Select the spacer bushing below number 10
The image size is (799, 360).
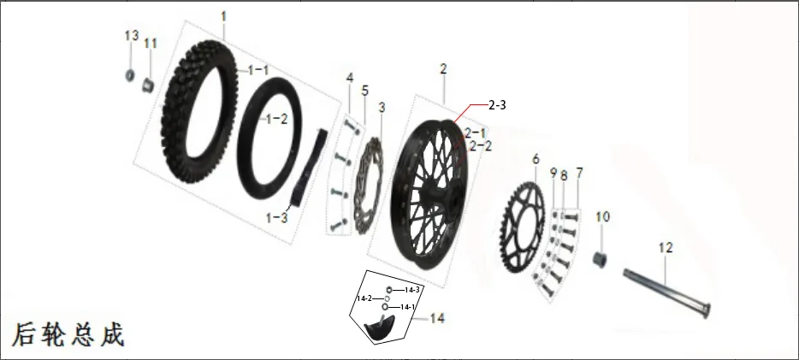[600, 260]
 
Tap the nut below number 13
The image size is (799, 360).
[130, 75]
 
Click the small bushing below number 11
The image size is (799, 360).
[148, 85]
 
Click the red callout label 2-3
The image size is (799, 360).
[497, 105]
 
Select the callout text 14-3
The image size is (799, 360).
[411, 290]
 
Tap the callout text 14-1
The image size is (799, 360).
[408, 307]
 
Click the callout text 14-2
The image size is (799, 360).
[364, 298]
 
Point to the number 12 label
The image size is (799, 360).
[666, 248]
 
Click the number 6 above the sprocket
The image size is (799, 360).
[536, 159]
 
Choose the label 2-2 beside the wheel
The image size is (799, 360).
[481, 146]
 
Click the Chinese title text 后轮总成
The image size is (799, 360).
[68, 334]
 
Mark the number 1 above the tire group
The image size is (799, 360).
[223, 17]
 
